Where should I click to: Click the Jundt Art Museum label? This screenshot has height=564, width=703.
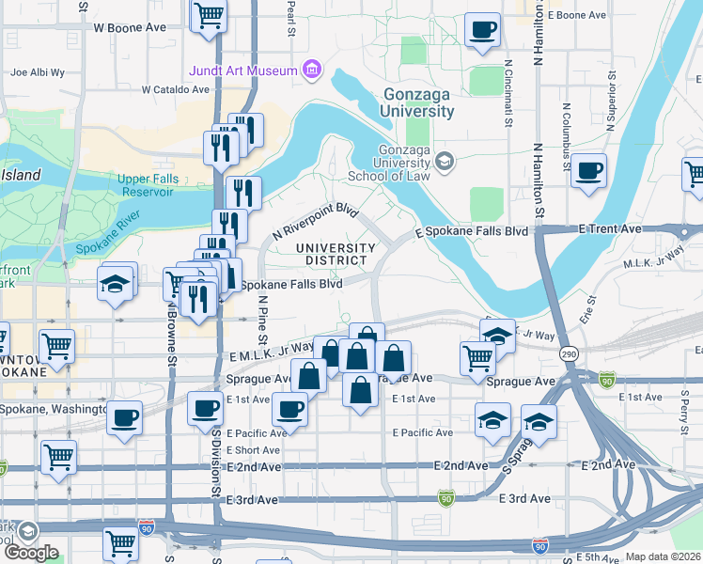click(242, 70)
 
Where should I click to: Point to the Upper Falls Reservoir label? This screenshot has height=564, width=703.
click(146, 185)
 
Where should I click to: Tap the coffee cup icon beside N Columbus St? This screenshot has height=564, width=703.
click(589, 171)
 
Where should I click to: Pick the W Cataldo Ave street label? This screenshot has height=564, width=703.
click(176, 90)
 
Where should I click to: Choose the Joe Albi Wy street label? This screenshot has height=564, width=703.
click(38, 71)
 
